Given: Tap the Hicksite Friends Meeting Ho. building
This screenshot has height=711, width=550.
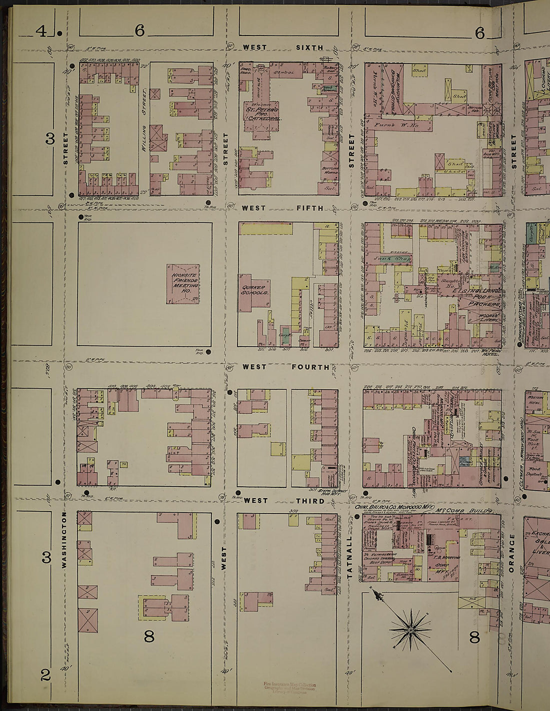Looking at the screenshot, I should click(x=183, y=284).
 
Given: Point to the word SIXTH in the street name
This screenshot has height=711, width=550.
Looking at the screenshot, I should click(x=309, y=47).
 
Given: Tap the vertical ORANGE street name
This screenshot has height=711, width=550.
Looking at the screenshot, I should click(x=511, y=553).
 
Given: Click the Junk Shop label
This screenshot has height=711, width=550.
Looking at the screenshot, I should click(x=392, y=259).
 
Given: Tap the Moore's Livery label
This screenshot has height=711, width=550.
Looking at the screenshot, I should click(x=483, y=318).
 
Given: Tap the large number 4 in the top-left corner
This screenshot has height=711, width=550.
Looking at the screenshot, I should click(x=41, y=32).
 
